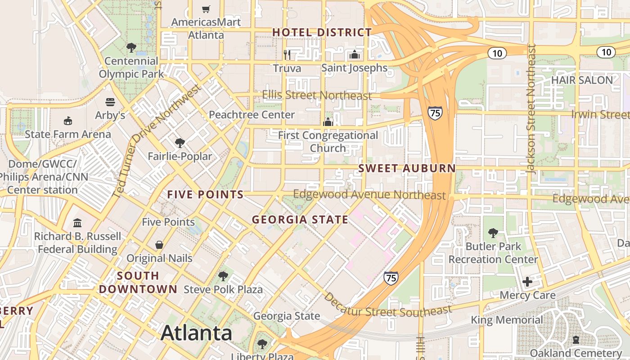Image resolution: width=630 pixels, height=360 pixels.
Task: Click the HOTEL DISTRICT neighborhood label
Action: pos(322,32)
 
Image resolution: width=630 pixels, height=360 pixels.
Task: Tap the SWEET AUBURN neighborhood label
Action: pos(407,169)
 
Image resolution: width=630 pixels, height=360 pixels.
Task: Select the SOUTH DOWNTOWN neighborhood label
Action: pos(138,282)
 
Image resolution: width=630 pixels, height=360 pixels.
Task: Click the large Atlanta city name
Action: pos(196,333)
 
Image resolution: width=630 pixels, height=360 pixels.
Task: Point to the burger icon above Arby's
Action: pos(110,102)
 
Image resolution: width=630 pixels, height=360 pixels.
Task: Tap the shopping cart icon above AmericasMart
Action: pos(206,9)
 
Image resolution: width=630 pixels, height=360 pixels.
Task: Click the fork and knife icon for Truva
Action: pos(287,55)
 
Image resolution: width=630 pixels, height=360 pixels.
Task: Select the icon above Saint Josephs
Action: pos(354,55)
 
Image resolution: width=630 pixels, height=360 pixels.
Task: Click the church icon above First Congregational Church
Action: pos(328,122)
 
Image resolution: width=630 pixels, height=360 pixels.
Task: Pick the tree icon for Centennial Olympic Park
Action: pos(131,47)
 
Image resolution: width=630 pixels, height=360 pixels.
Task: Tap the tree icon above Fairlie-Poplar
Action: pos(180,143)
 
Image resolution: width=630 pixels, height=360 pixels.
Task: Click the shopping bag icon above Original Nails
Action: pos(159,245)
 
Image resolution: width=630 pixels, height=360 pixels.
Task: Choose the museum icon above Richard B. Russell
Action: pos(77,223)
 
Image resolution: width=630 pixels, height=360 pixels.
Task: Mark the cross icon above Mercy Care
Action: pos(527,282)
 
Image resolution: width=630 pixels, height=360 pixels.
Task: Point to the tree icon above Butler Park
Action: pos(493,233)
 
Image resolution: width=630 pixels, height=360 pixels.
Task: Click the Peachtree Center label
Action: pos(252,115)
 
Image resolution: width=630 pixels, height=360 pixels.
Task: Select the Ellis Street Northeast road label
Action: pos(317,95)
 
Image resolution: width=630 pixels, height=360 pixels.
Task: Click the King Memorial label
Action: pos(507,320)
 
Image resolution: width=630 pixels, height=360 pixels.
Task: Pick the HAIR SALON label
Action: pos(582,80)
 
